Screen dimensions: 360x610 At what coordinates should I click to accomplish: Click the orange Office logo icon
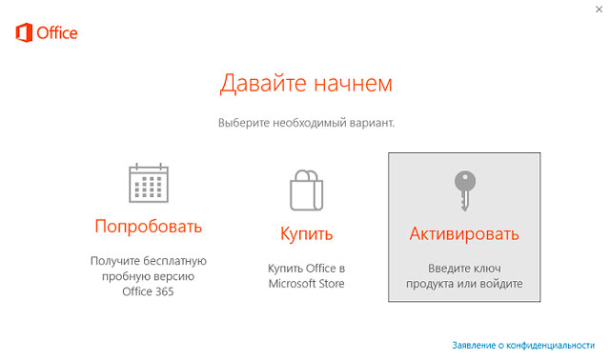pos(24,34)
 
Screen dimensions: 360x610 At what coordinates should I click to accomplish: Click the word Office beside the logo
pos(57,34)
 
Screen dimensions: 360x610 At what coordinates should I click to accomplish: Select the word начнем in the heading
pos(354,84)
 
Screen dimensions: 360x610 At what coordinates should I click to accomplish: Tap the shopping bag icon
pos(306,188)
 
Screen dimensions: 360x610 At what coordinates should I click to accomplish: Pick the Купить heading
pos(306,233)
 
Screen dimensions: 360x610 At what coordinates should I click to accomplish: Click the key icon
pos(464,190)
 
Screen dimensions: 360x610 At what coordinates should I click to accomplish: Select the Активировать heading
pos(464,233)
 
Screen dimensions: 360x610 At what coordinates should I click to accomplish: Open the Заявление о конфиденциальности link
pos(523,344)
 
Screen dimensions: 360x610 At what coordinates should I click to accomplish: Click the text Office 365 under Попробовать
pos(148,292)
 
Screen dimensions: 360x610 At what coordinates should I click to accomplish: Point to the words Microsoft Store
pos(306,284)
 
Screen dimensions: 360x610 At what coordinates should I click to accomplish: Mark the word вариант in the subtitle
pos(372,123)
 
